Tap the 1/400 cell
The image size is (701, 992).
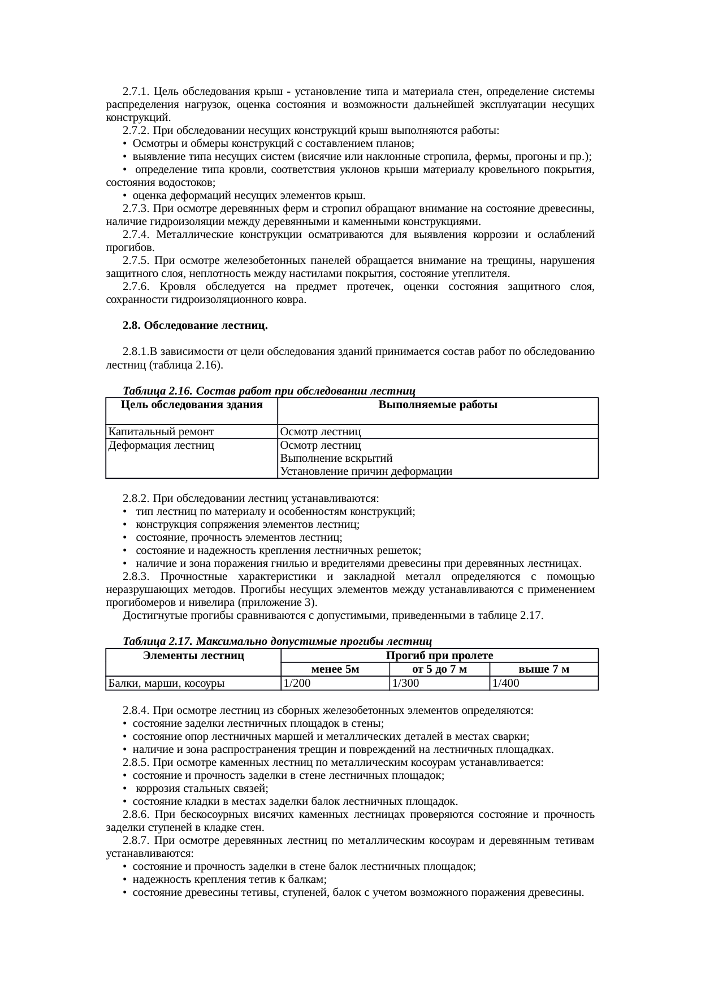505,683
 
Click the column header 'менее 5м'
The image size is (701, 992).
335,670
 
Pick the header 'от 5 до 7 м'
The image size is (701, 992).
439,670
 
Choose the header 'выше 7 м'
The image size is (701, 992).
543,670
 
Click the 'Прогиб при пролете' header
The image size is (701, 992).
439,656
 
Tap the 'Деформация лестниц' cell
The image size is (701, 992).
162,445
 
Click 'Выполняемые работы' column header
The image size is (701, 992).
438,405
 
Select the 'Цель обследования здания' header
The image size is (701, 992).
192,405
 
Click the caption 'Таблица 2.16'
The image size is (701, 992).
157,391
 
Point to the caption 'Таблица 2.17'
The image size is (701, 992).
157,642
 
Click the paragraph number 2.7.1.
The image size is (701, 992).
136,92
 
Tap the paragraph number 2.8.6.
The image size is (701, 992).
136,815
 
